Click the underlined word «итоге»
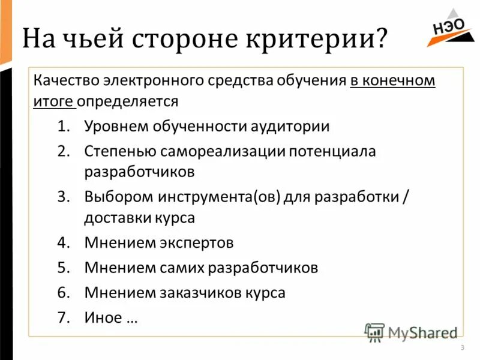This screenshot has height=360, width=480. pos(53,100)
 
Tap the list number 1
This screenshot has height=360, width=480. pos(64,127)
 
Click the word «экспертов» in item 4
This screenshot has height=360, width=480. pos(197,243)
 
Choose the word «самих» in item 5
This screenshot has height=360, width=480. pos(182,267)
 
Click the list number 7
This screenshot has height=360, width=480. pos(64,317)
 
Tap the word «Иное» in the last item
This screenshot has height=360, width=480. pos(103,317)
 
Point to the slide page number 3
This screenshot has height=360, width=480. pos(462,349)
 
